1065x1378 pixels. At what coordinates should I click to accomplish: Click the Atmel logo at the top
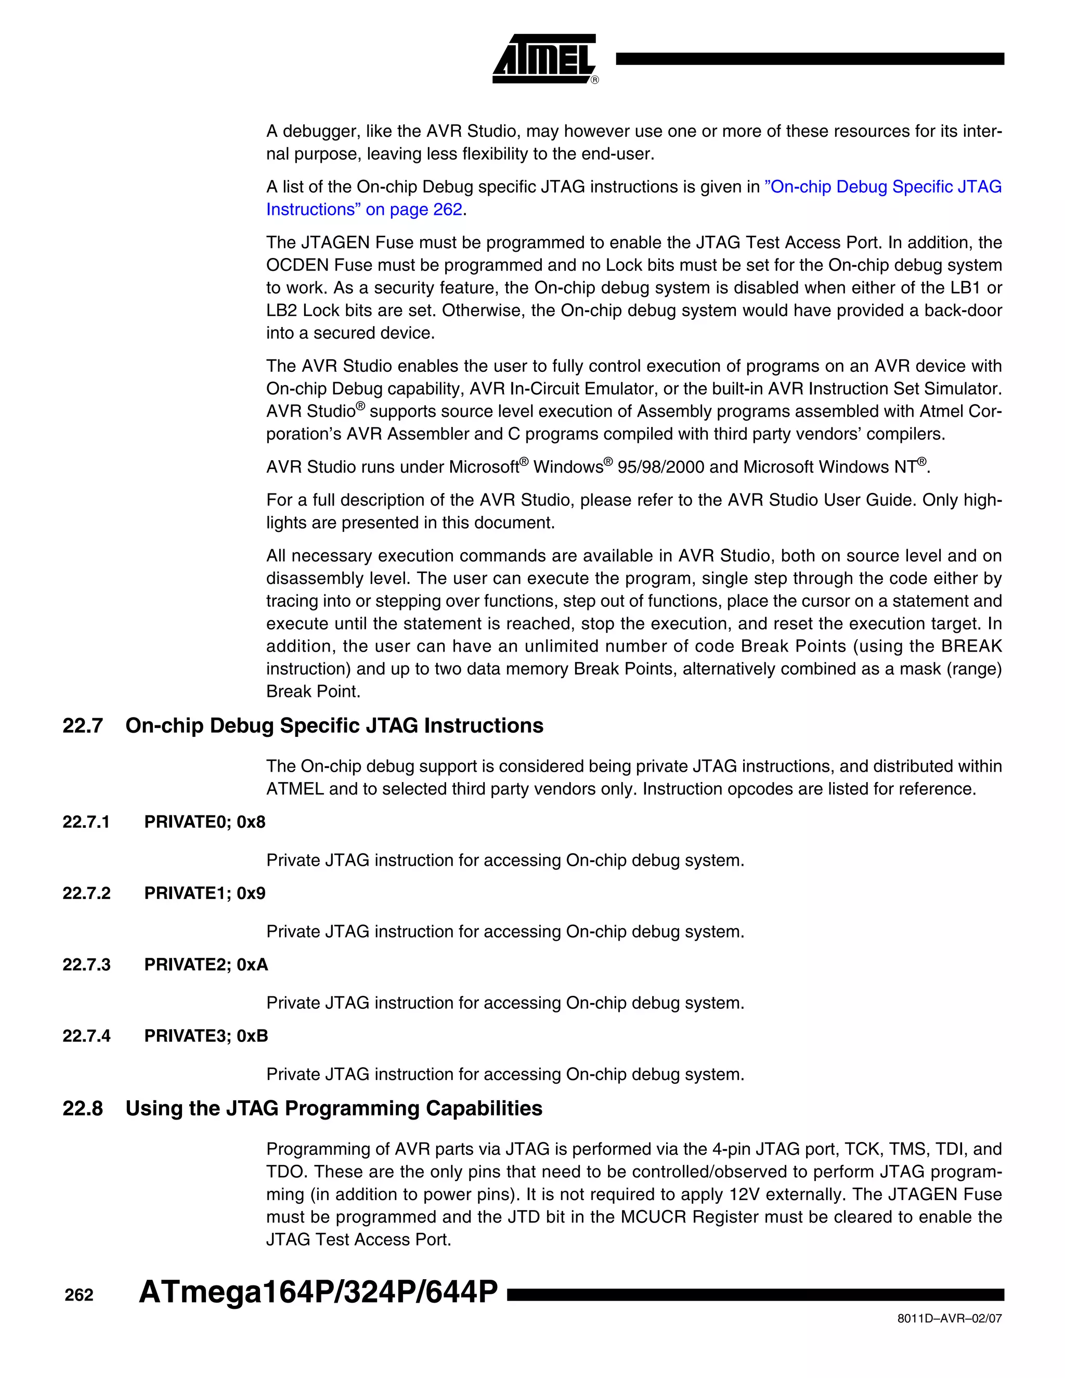pos(544,59)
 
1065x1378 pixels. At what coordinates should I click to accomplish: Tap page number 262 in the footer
pos(79,1295)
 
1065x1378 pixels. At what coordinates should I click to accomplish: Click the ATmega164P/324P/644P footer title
pos(318,1292)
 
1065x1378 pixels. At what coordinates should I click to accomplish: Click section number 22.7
pos(83,725)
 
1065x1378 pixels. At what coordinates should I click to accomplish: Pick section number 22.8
pos(83,1109)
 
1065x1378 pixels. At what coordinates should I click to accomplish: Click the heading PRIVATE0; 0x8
pos(204,822)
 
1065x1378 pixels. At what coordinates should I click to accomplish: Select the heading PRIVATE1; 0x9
pos(204,893)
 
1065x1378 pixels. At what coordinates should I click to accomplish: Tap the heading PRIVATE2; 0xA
pos(206,965)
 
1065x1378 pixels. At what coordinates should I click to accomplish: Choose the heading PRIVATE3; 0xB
pos(206,1036)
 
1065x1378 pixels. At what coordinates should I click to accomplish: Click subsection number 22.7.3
pos(86,965)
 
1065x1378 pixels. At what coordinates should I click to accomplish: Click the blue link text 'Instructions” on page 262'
pos(364,210)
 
